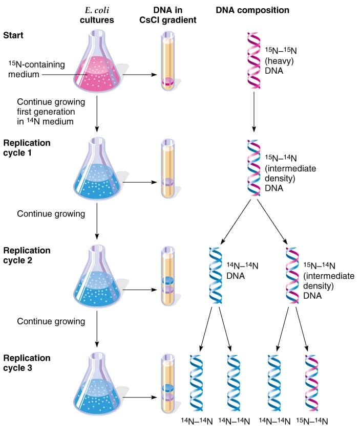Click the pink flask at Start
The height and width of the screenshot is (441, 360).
[97, 67]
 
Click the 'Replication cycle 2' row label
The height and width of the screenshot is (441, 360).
[27, 255]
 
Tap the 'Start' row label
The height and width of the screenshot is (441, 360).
[13, 35]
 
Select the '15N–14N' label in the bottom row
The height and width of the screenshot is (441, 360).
[312, 421]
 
